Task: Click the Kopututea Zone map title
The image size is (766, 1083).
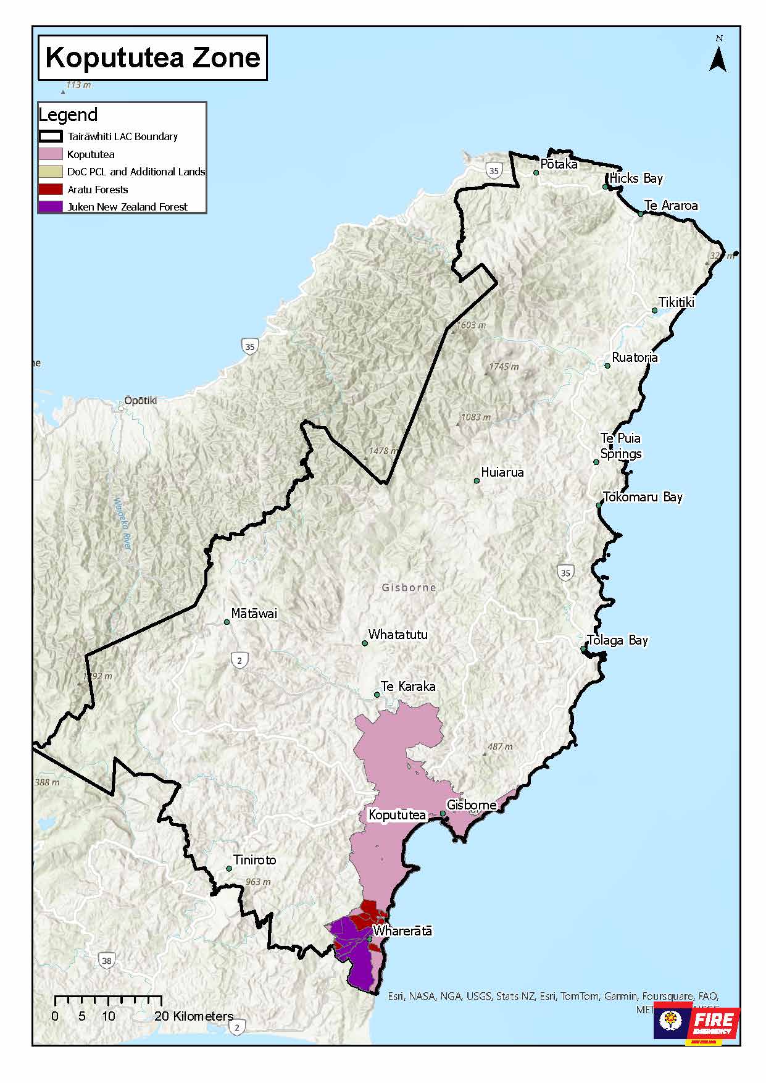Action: [x=152, y=57]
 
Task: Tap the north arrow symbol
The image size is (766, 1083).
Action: [x=718, y=57]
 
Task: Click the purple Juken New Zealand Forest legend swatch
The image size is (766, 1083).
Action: [x=50, y=207]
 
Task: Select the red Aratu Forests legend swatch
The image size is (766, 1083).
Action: [x=50, y=190]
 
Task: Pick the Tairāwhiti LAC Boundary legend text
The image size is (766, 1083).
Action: [x=123, y=136]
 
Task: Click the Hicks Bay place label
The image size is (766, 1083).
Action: [x=636, y=178]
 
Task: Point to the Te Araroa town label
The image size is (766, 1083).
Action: [x=670, y=206]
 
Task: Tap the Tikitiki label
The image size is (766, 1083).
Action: [x=676, y=303]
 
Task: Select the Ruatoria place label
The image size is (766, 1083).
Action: [x=635, y=358]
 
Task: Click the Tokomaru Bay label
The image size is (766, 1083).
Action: [x=643, y=497]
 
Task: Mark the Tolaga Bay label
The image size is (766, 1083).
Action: [x=617, y=640]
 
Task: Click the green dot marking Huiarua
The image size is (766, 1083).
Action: [x=477, y=480]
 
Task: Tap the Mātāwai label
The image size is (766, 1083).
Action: [x=254, y=614]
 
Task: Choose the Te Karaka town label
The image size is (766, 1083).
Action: [x=408, y=687]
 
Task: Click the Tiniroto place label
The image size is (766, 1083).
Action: [x=254, y=860]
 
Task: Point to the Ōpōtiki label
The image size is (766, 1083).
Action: [x=141, y=401]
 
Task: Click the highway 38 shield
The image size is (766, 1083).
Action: [x=106, y=961]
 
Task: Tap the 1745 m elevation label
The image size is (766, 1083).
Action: [x=504, y=367]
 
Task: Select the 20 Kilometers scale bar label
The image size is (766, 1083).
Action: [x=194, y=1016]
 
